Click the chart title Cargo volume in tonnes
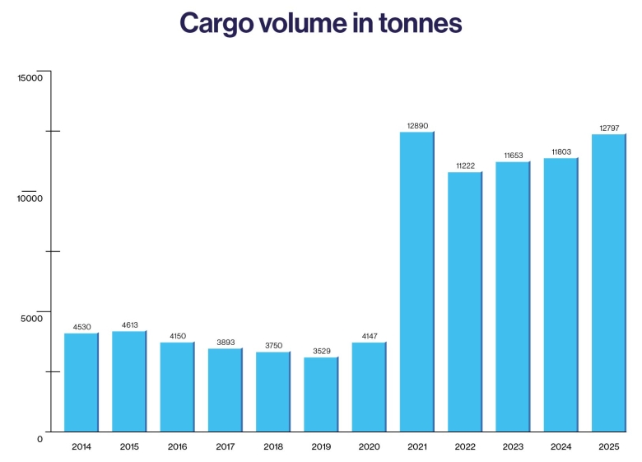click(320, 23)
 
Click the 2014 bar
click(81, 382)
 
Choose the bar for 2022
click(464, 301)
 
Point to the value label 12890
click(417, 125)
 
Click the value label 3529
click(321, 351)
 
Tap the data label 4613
click(129, 324)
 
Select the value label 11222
click(465, 166)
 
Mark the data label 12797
click(609, 128)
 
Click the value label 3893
click(225, 342)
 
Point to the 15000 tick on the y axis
click(30, 77)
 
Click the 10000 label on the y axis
click(30, 198)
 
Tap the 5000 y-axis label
click(32, 319)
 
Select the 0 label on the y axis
click(40, 439)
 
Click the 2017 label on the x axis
click(225, 446)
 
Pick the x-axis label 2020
click(369, 446)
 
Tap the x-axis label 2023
click(513, 446)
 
